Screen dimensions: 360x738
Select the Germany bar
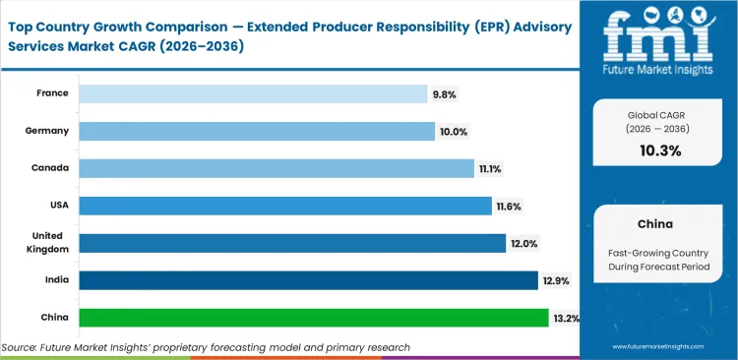pos(257,131)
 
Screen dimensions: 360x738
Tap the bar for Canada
pos(277,168)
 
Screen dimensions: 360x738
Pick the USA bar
pos(285,206)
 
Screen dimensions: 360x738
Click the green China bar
pos(313,318)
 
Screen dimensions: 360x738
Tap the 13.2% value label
pos(566,319)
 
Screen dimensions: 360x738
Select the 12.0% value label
pos(523,244)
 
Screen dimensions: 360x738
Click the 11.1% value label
pos(490,169)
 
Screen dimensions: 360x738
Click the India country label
pos(55,280)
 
